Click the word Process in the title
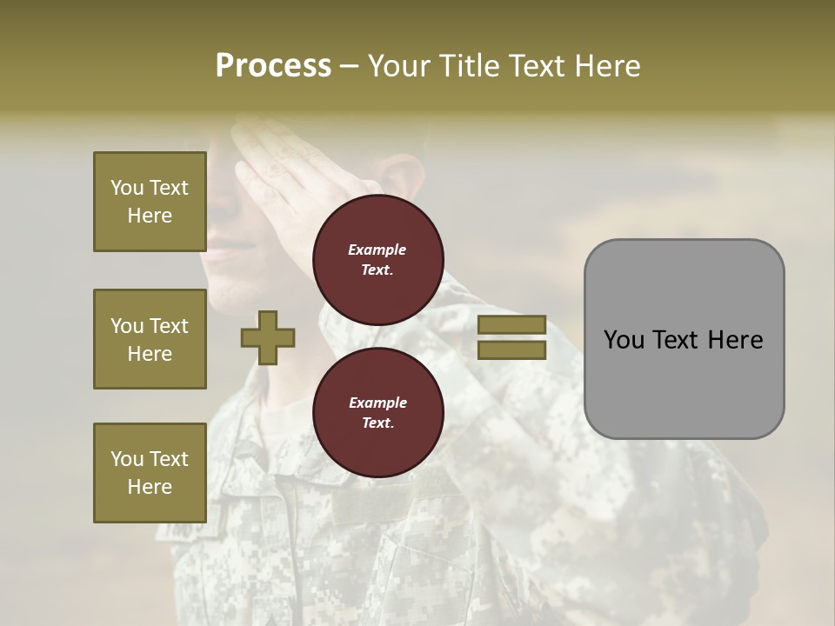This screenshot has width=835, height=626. point(273,66)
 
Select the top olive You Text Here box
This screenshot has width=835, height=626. point(150,202)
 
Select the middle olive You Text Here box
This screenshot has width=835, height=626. point(150,339)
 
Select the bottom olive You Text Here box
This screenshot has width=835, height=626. point(150,472)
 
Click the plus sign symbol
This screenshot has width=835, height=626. point(268,337)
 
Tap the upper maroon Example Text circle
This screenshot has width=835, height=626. point(377,260)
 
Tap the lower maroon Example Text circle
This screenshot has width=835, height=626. point(377,412)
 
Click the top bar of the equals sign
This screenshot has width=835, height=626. point(512,325)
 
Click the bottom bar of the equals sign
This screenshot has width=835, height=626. point(512,350)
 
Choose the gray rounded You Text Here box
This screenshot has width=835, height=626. point(684,339)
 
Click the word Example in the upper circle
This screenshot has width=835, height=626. point(377,250)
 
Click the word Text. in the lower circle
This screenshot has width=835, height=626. point(377,423)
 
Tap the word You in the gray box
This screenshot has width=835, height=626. point(623,340)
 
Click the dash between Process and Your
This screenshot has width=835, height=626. point(350,67)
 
